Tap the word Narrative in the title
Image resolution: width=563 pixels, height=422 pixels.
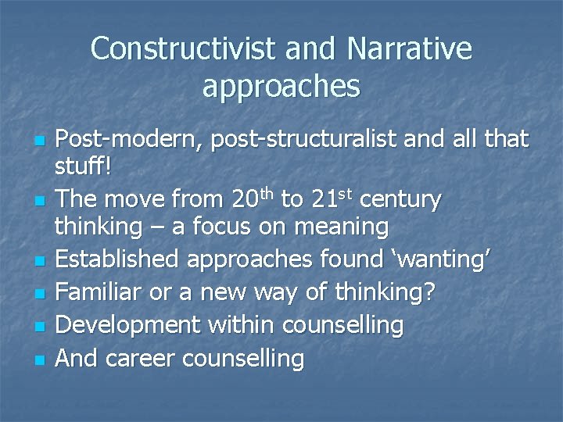tap(411, 49)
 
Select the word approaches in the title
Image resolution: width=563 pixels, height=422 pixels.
tap(281, 87)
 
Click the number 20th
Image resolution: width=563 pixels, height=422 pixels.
tap(253, 199)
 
